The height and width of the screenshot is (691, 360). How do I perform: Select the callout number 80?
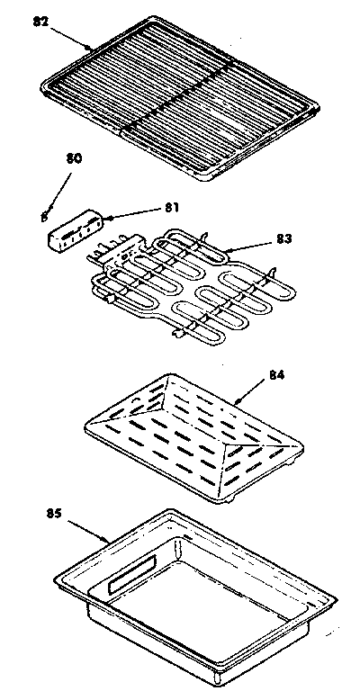point(75,158)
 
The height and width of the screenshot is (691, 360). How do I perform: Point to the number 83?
point(284,239)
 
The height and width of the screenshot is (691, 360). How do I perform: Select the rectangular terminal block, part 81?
point(76,229)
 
